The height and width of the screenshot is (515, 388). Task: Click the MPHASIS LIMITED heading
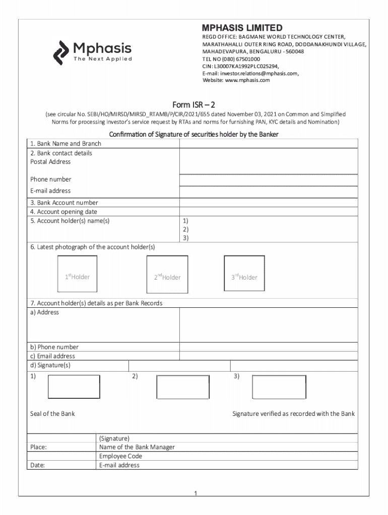pyautogui.click(x=242, y=28)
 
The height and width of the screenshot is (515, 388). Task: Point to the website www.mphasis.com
pyautogui.click(x=236, y=80)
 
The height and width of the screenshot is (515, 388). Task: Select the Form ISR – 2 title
pyautogui.click(x=193, y=105)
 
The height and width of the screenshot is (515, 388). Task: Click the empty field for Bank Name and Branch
pyautogui.click(x=269, y=144)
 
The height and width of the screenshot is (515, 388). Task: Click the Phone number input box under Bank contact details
pyautogui.click(x=269, y=180)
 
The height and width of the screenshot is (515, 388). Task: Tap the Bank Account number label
pyautogui.click(x=64, y=203)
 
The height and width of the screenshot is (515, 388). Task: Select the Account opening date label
pyautogui.click(x=63, y=212)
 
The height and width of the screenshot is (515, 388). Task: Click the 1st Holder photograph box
pyautogui.click(x=77, y=274)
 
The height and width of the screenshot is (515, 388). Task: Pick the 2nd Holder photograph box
pyautogui.click(x=167, y=274)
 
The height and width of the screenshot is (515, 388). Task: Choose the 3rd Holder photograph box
pyautogui.click(x=244, y=274)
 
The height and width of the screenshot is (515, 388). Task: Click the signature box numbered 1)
pyautogui.click(x=74, y=387)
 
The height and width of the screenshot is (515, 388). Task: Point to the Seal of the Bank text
pyautogui.click(x=52, y=413)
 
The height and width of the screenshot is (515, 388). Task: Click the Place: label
pyautogui.click(x=38, y=447)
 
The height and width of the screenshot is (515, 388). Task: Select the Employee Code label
pyautogui.click(x=120, y=456)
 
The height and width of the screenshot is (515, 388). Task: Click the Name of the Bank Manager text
pyautogui.click(x=137, y=447)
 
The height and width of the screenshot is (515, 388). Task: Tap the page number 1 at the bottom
pyautogui.click(x=195, y=493)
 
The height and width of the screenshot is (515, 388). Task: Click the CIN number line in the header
pyautogui.click(x=240, y=66)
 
